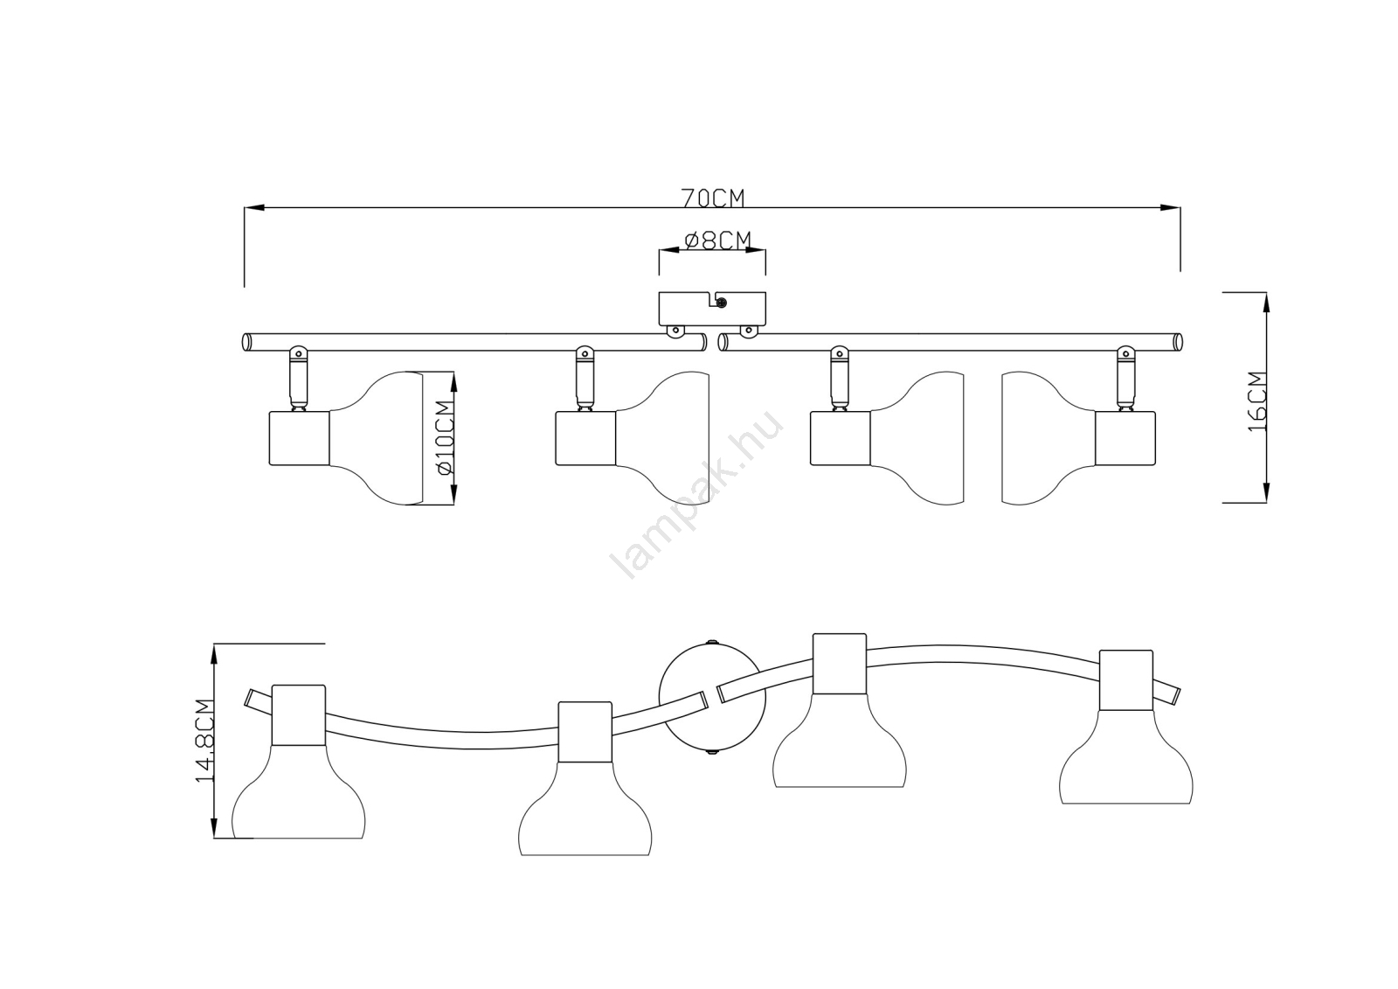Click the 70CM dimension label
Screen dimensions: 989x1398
713,198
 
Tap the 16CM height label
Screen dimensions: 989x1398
1256,400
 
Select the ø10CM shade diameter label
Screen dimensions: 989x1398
445,436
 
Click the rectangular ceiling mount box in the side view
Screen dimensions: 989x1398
711,309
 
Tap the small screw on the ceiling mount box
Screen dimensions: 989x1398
722,303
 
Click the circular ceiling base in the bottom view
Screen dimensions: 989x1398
712,697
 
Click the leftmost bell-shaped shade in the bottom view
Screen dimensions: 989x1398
299,796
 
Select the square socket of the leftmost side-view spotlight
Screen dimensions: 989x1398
298,437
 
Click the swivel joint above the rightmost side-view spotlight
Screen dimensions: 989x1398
1125,356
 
